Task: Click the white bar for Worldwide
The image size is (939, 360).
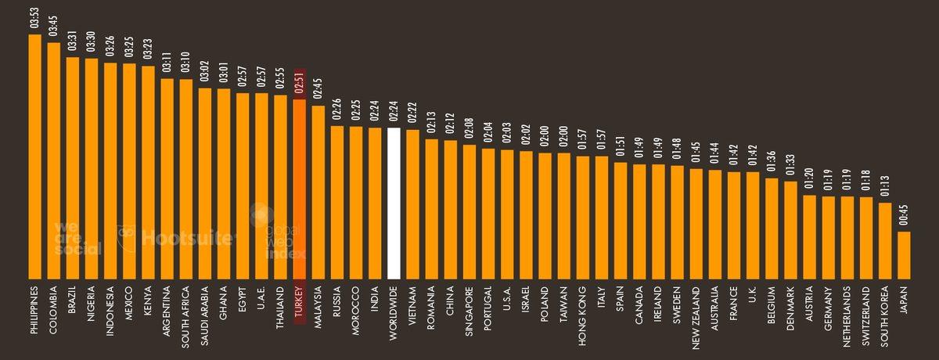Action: click(394, 203)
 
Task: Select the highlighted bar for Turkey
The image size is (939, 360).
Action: click(299, 188)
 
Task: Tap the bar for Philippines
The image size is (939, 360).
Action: click(34, 157)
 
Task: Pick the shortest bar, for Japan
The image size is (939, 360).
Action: click(904, 254)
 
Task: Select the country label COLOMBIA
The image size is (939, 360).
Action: click(53, 310)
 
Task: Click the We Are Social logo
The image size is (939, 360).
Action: click(77, 238)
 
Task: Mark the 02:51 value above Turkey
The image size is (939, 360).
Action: click(299, 85)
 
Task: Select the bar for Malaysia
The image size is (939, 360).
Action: click(318, 192)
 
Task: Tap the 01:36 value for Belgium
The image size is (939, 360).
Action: click(772, 163)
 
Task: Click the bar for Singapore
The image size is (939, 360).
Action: click(469, 211)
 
